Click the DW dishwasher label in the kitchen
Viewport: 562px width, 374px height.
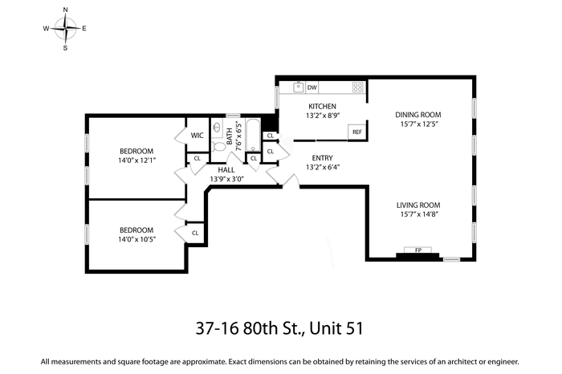click(312, 87)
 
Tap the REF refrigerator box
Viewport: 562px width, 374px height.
click(357, 132)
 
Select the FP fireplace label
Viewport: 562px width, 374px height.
click(418, 250)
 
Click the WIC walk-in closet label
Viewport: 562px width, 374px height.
click(197, 136)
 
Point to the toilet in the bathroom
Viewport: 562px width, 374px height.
click(218, 146)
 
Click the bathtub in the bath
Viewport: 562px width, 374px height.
click(254, 136)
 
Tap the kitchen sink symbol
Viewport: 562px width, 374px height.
click(298, 87)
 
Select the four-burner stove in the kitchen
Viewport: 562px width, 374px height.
click(358, 87)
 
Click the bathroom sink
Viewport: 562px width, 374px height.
click(217, 128)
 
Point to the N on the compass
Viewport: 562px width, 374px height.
click(65, 10)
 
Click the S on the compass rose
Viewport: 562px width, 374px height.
click(65, 48)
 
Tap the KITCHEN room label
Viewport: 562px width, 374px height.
click(322, 107)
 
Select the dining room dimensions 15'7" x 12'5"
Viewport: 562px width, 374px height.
click(418, 124)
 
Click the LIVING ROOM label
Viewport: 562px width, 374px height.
click(418, 205)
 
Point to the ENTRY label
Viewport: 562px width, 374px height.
click(322, 158)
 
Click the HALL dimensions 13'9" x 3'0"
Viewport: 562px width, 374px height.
click(227, 179)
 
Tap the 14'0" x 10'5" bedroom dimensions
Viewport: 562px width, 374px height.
click(136, 239)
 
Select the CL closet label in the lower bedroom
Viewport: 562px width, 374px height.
click(195, 233)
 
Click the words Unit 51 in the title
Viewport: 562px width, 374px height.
click(336, 328)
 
